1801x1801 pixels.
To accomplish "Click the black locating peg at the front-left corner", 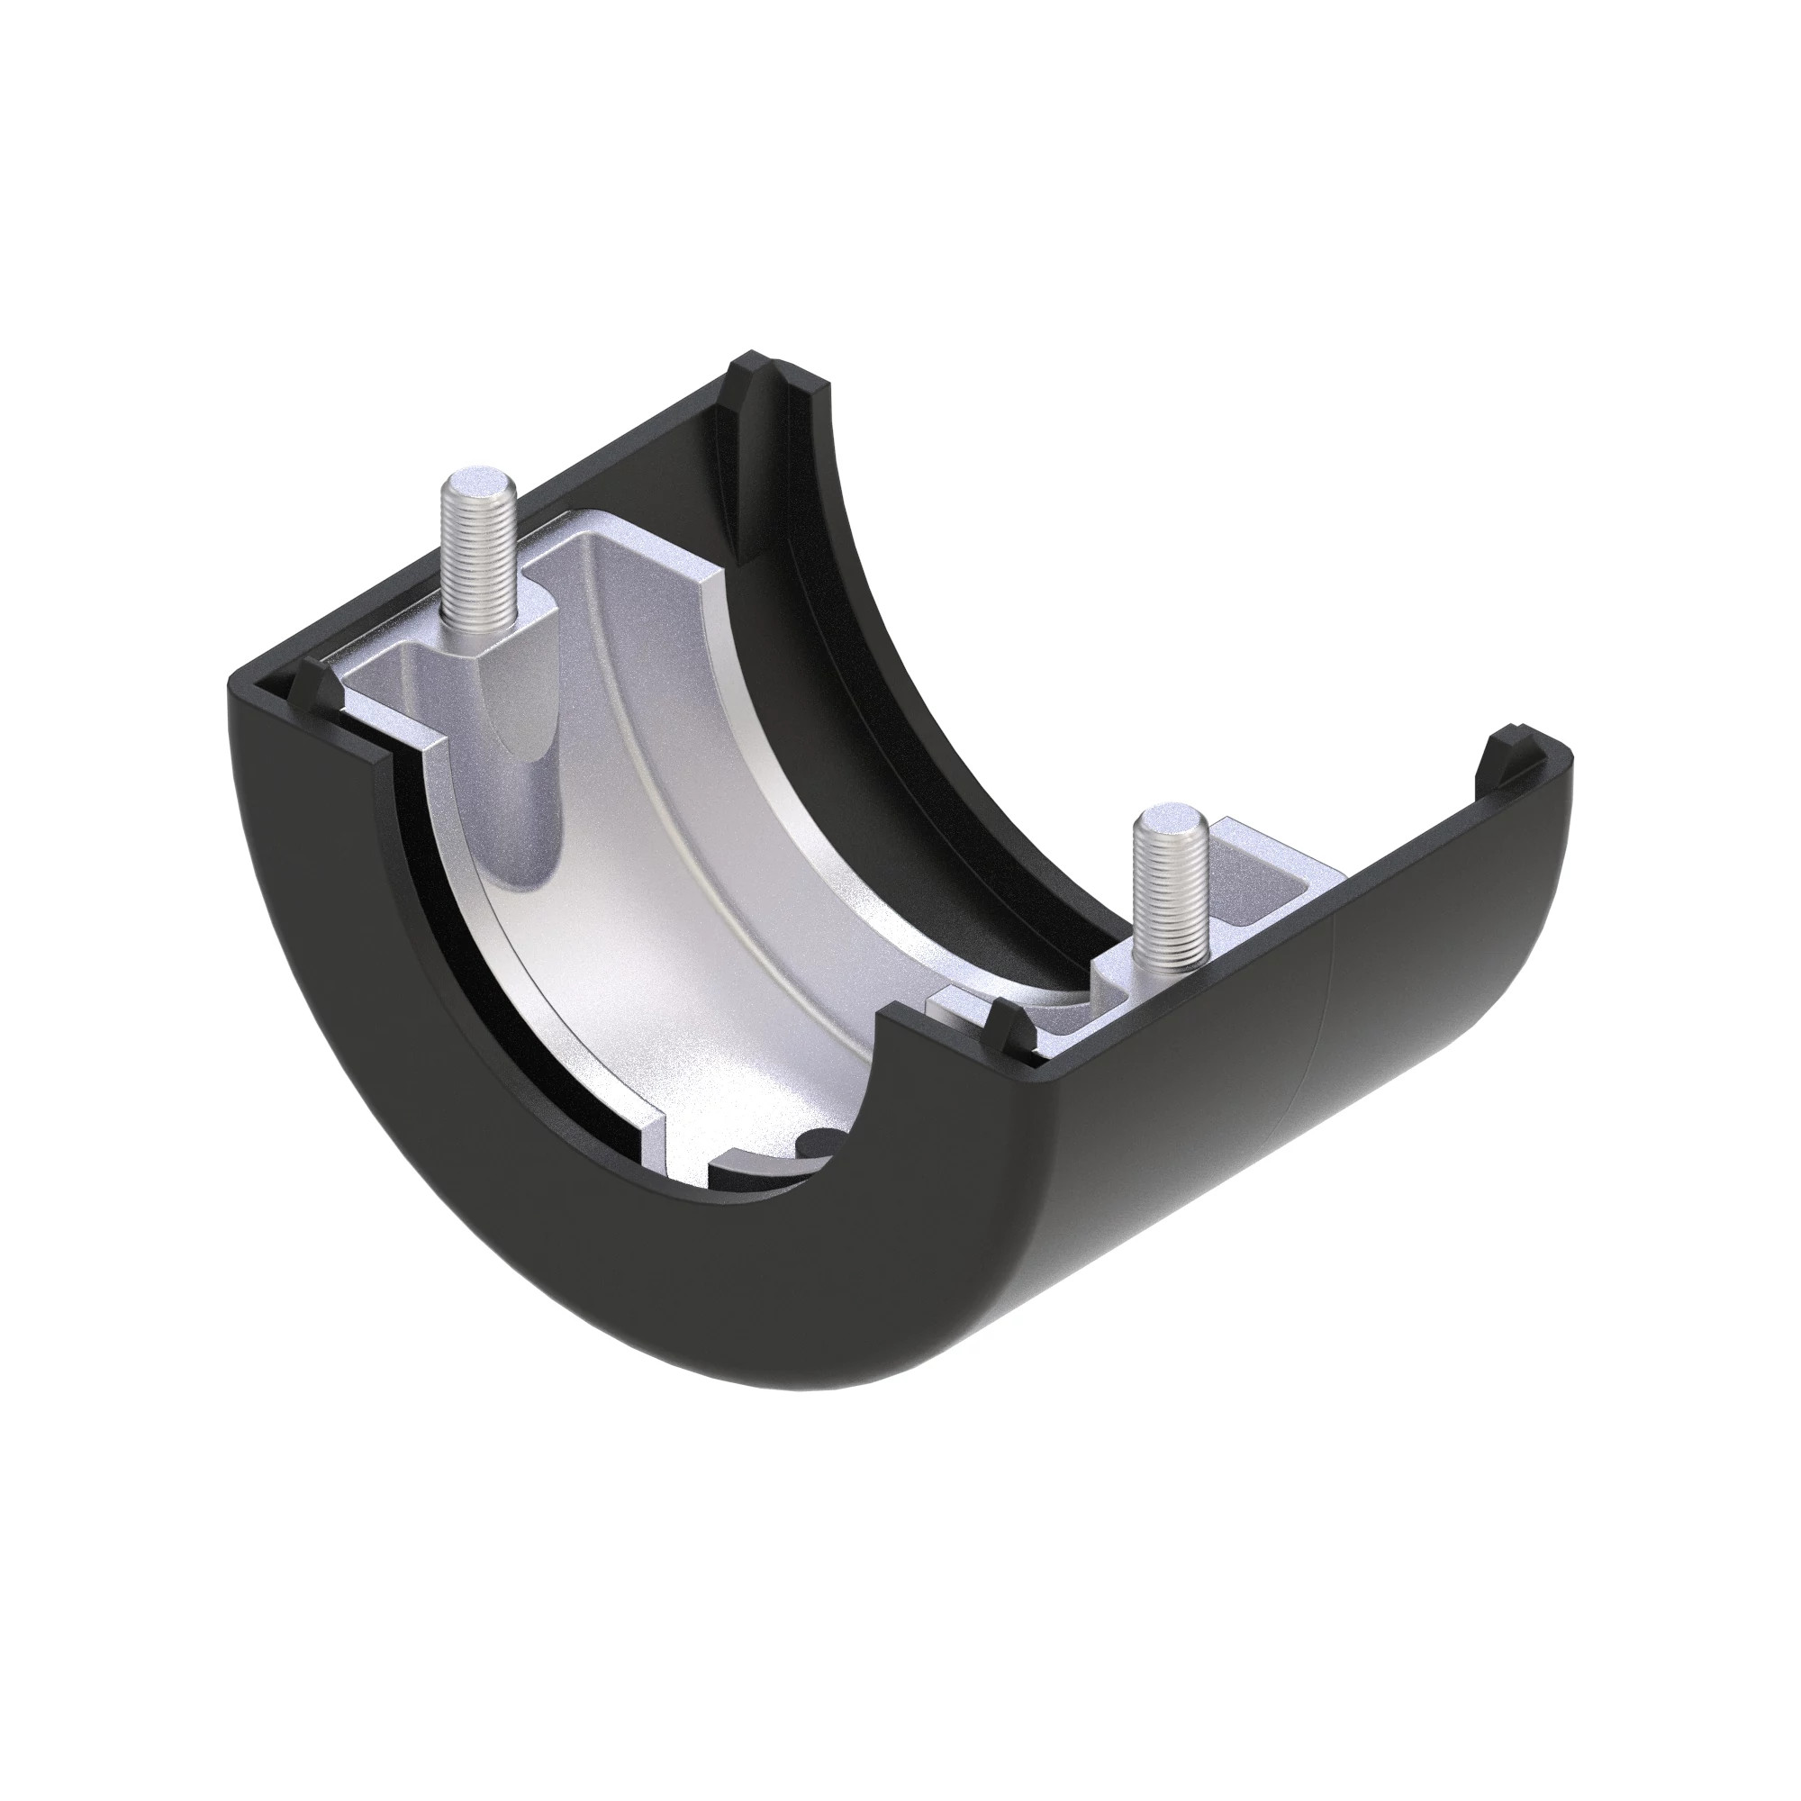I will pyautogui.click(x=311, y=683).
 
